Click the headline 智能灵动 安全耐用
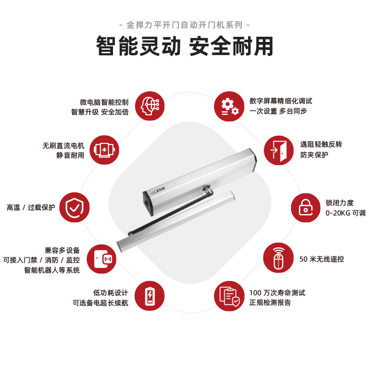pos(184,46)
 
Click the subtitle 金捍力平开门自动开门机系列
pos(184,24)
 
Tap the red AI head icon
pos(150,107)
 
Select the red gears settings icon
pos(229,107)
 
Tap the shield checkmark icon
pos(75,207)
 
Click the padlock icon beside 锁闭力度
pos(305,207)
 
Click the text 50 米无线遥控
pos(321,259)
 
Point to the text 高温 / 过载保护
pos(30,208)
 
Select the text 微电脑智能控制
pos(104,102)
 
